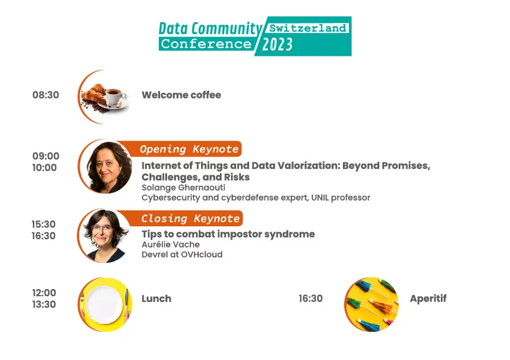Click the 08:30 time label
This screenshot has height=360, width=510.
tap(46, 95)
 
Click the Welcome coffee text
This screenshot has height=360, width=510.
tap(181, 95)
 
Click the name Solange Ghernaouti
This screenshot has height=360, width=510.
tap(183, 188)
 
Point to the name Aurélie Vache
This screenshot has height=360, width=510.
tap(171, 244)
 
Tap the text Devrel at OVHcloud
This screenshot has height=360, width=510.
tap(182, 254)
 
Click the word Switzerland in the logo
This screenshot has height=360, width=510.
tap(308, 28)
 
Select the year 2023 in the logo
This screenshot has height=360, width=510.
tap(277, 44)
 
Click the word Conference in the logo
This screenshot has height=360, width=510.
tap(206, 44)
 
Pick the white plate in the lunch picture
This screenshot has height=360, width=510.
tap(104, 305)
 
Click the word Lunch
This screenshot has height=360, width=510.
tap(157, 298)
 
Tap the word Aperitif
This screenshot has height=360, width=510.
tap(428, 298)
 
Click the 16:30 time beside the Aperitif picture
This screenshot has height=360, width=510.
tap(311, 298)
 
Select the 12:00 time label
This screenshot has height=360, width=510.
tap(44, 293)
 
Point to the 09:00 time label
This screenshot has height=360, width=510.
tap(46, 156)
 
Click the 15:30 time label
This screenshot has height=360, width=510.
tap(43, 224)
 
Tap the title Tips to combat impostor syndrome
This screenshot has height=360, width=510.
tap(229, 234)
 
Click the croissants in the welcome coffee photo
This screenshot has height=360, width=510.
tap(94, 94)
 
